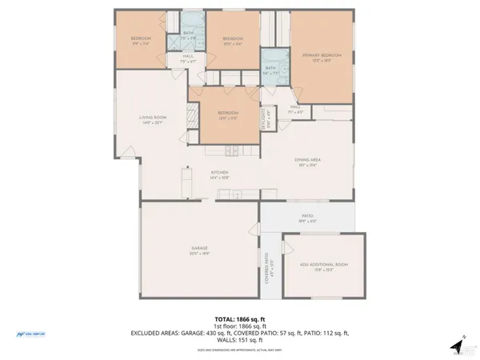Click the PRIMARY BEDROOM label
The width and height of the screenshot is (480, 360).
pyautogui.click(x=322, y=56)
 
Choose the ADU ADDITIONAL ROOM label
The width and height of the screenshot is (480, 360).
pyautogui.click(x=324, y=263)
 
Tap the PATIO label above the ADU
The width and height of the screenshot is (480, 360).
pyautogui.click(x=306, y=216)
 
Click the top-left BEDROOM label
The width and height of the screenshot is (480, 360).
pyautogui.click(x=141, y=38)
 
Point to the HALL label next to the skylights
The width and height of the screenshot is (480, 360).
pyautogui.click(x=295, y=107)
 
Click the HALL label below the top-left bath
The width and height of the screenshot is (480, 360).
pyautogui.click(x=188, y=56)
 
